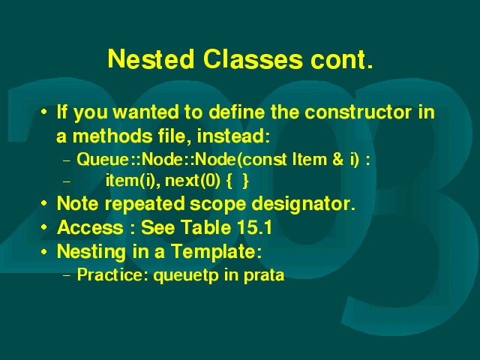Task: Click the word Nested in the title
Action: coord(151,58)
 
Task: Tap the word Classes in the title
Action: coord(253,58)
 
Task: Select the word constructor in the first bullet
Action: coord(358,112)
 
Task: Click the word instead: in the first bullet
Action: coord(233,136)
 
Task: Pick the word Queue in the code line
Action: coord(103,160)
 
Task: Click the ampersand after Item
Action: coord(337,160)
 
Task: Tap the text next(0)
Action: coord(193,181)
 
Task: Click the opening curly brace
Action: coord(229,181)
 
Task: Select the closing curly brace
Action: coord(245,181)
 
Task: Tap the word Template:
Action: coord(216,251)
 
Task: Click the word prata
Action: coord(264,275)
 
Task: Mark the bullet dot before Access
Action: coord(44,227)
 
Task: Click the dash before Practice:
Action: coord(67,275)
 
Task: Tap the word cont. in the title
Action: coord(342,58)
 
